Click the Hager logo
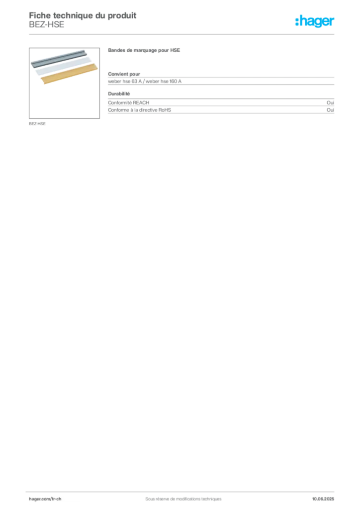click(x=315, y=21)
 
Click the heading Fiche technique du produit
click(x=83, y=15)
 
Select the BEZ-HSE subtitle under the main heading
click(x=46, y=25)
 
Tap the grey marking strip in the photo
click(x=59, y=58)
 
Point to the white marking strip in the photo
click(x=64, y=66)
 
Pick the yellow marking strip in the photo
click(x=69, y=74)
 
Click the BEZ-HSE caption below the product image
click(x=37, y=124)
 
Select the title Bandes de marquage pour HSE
click(x=144, y=50)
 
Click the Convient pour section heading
click(x=124, y=74)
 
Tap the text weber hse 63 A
click(x=125, y=81)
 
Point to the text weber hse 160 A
click(x=163, y=81)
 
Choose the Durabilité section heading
click(x=119, y=94)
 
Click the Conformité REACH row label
click(x=129, y=102)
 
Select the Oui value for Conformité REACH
click(x=330, y=102)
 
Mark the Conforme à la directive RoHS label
click(x=139, y=110)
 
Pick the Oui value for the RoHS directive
click(x=330, y=110)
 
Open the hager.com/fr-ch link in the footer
click(x=45, y=499)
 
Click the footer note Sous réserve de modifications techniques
click(x=183, y=499)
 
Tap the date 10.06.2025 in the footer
click(x=323, y=499)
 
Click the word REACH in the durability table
click(x=141, y=102)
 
